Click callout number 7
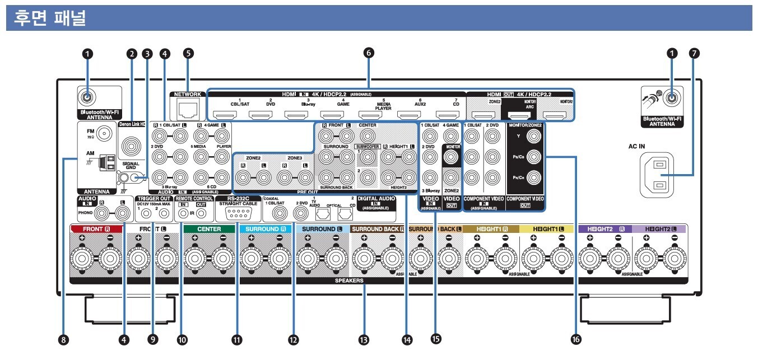(695, 54)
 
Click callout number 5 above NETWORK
(189, 54)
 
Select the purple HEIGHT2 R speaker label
(603, 229)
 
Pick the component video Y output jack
(532, 135)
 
